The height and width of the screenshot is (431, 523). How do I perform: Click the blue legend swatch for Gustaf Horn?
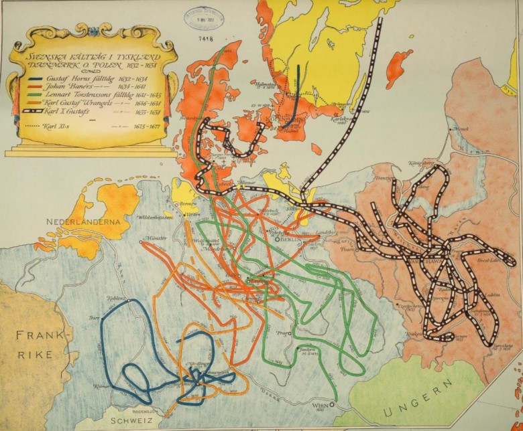[40, 79]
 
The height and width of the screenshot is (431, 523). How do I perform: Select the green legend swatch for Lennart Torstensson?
[40, 95]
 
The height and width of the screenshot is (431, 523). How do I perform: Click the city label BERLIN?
[294, 239]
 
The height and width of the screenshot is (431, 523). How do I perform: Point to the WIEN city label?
[321, 406]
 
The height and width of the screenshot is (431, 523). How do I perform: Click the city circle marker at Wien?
[331, 404]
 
